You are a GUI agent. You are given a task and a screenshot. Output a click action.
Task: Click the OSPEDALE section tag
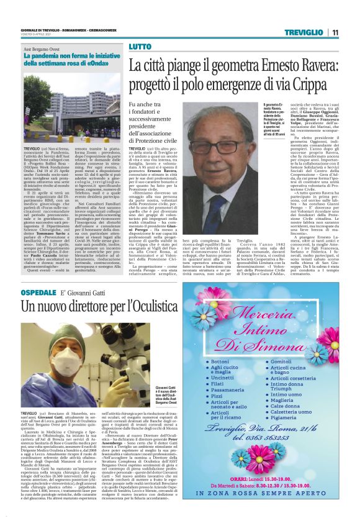pyautogui.click(x=39, y=292)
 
